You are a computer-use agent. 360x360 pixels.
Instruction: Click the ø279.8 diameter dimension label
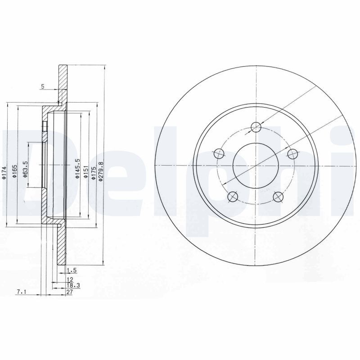coord(101,172)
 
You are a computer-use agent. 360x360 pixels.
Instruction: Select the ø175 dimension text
coord(93,173)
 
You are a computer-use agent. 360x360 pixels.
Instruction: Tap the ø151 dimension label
coord(85,174)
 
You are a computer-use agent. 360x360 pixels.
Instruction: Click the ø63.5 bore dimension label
coord(26,169)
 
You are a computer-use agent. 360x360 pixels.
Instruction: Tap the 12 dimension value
coord(69,279)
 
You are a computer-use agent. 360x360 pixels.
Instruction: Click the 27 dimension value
coord(69,292)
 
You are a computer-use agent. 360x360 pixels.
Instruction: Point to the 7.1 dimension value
coord(21,292)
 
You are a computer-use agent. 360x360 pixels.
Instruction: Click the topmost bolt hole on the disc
coord(256,127)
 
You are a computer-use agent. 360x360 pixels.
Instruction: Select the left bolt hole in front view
coord(219,154)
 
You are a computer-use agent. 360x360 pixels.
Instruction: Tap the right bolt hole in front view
coord(292,154)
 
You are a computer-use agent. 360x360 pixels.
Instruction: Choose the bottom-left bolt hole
coord(233,196)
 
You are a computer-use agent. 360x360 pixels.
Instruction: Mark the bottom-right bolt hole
coord(278,196)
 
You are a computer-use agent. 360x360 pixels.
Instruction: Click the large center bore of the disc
coord(256,166)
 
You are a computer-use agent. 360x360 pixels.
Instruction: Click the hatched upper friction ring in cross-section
coord(63,83)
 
